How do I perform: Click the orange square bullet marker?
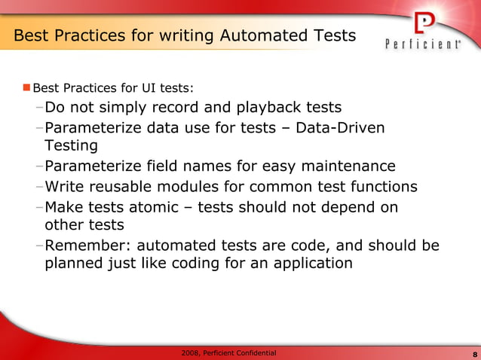point(26,88)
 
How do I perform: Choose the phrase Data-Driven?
point(340,128)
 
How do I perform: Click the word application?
point(310,264)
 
